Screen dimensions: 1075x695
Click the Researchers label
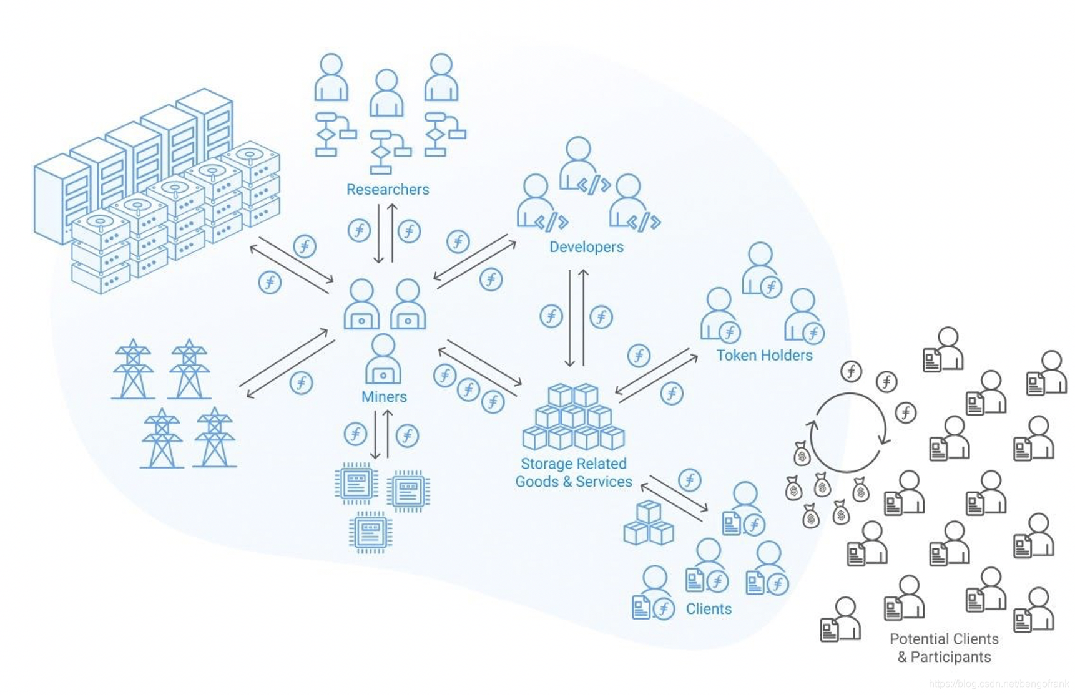tap(388, 189)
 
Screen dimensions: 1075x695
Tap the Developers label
tap(586, 246)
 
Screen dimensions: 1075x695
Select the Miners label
tap(384, 397)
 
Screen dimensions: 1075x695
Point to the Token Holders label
tap(764, 355)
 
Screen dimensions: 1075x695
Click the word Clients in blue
tap(709, 608)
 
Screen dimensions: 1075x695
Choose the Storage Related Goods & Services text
tap(574, 472)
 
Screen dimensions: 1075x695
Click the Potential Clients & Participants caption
tap(944, 648)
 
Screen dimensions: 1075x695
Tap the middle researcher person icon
tap(386, 93)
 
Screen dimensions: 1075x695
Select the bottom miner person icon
tap(383, 359)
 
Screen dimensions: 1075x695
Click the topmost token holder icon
tap(760, 269)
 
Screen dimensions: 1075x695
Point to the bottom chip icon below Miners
tap(371, 532)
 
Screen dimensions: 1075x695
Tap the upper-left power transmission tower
tap(133, 369)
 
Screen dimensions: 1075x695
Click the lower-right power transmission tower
tap(215, 438)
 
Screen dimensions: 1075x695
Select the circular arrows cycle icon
tap(849, 432)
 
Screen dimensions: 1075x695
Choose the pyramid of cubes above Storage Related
tap(573, 417)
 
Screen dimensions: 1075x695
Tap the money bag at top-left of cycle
tap(802, 454)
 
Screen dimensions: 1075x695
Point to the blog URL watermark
tap(998, 684)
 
